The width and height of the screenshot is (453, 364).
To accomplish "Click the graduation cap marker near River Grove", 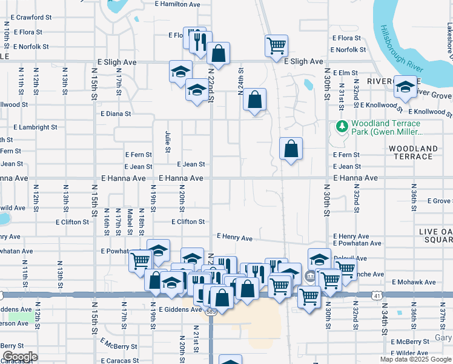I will (x=405, y=86).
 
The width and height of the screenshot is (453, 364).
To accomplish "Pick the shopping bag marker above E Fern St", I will (x=291, y=148).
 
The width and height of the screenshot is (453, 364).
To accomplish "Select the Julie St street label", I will (x=167, y=140).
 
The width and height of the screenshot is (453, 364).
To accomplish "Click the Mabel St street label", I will (x=130, y=222).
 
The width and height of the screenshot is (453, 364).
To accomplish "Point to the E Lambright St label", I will (x=28, y=127).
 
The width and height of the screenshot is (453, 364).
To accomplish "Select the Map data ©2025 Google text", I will (x=415, y=359).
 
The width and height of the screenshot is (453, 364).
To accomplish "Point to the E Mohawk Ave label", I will (x=413, y=282).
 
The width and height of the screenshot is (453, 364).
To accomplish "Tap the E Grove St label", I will (x=439, y=201).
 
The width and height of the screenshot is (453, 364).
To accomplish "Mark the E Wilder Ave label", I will (x=412, y=352).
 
